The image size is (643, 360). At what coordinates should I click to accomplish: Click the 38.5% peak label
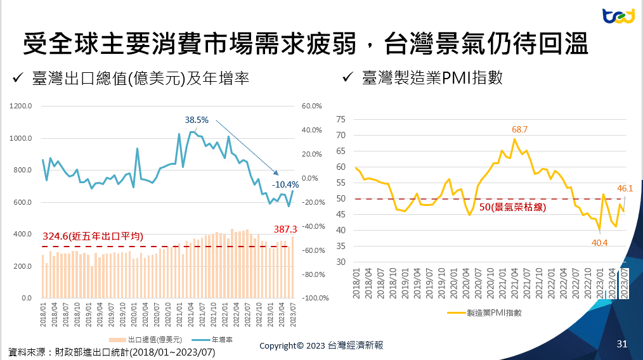click(197, 119)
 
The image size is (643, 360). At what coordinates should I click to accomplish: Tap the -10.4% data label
click(285, 184)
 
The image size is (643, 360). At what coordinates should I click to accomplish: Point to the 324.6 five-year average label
click(93, 236)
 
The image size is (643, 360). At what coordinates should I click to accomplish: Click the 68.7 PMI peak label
click(520, 129)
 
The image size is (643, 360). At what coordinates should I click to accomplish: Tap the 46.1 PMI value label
click(625, 188)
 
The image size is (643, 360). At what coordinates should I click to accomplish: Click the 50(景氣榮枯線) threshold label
click(512, 207)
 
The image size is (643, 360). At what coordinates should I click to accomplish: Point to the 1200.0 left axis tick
click(21, 106)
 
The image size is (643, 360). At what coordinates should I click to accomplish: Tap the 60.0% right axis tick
click(313, 106)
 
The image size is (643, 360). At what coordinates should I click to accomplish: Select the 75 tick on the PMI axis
click(341, 119)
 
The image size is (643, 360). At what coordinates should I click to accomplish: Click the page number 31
click(621, 344)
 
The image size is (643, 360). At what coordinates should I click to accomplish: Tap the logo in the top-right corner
click(618, 16)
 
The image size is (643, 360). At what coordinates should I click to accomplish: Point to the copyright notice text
click(321, 345)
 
